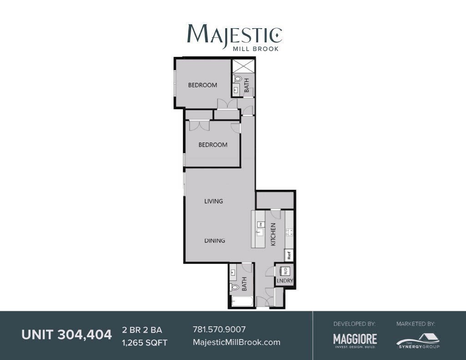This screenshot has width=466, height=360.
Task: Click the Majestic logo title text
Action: [234, 34]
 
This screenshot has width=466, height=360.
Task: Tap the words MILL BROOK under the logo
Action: [255, 48]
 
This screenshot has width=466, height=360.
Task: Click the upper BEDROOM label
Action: [203, 85]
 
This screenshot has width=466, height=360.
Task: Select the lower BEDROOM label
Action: [213, 145]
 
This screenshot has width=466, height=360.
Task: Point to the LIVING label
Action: [213, 201]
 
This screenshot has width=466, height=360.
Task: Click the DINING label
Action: [214, 240]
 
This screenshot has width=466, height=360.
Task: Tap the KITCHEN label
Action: [274, 234]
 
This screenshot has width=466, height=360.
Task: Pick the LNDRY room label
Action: [285, 281]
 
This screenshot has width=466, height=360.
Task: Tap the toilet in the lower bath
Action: [235, 287]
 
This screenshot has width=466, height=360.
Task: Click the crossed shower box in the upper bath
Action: [243, 66]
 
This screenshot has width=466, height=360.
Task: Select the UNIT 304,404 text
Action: [66, 335]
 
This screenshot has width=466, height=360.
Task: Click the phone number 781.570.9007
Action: [220, 330]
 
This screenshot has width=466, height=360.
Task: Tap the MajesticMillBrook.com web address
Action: [237, 342]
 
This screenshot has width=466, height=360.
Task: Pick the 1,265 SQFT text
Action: [145, 343]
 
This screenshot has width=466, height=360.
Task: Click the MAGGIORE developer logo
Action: [355, 340]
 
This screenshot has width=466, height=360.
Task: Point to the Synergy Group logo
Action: [417, 340]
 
